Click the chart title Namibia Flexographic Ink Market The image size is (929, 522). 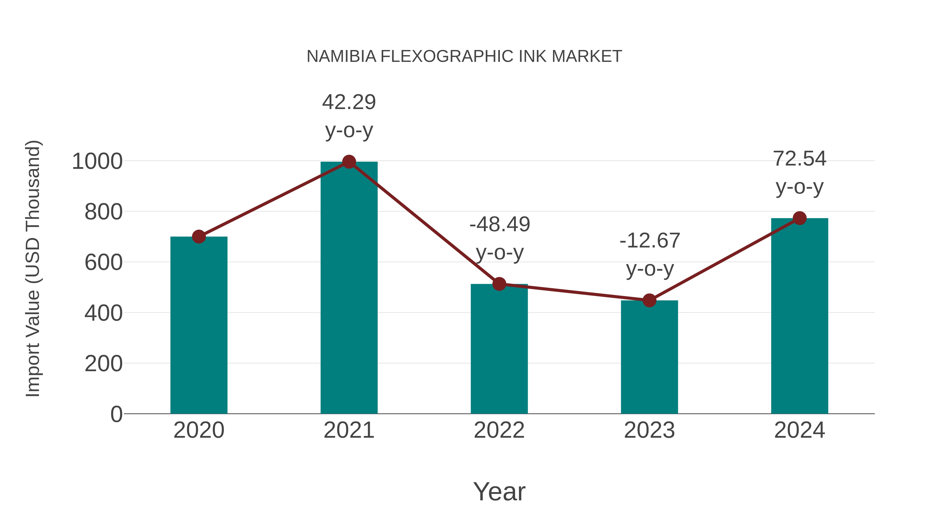point(464,56)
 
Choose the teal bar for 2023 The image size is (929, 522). point(649,357)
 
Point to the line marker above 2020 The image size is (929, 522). point(199,237)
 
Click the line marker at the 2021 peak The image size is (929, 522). point(349,162)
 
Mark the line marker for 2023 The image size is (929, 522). point(649,300)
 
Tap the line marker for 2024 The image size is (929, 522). point(799,218)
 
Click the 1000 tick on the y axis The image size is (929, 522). point(97,161)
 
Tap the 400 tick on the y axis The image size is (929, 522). point(103,313)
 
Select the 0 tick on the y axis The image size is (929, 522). point(116,414)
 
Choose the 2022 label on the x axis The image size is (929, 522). point(499,430)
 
